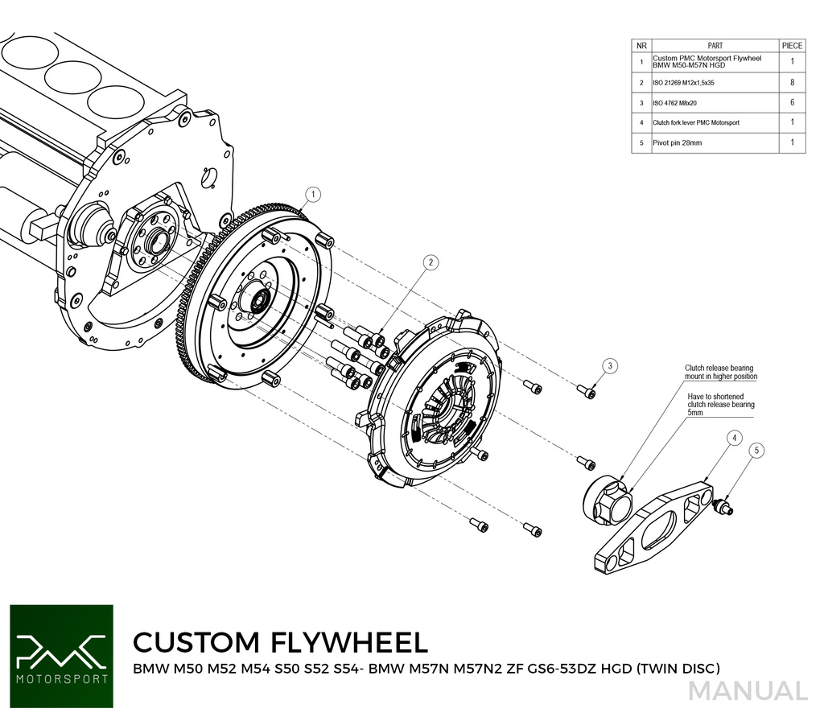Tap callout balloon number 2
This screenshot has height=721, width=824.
pos(431,262)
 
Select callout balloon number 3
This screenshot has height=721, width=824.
pos(611,366)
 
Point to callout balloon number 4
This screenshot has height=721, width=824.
pos(734,439)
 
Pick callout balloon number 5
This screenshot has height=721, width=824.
pos(756,451)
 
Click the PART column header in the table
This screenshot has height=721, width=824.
pos(715,46)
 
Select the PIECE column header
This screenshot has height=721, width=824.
pos(792,46)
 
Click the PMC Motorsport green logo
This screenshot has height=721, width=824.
pos(61,656)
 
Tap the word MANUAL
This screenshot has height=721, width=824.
pos(748,691)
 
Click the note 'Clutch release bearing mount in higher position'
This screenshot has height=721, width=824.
pos(720,372)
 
